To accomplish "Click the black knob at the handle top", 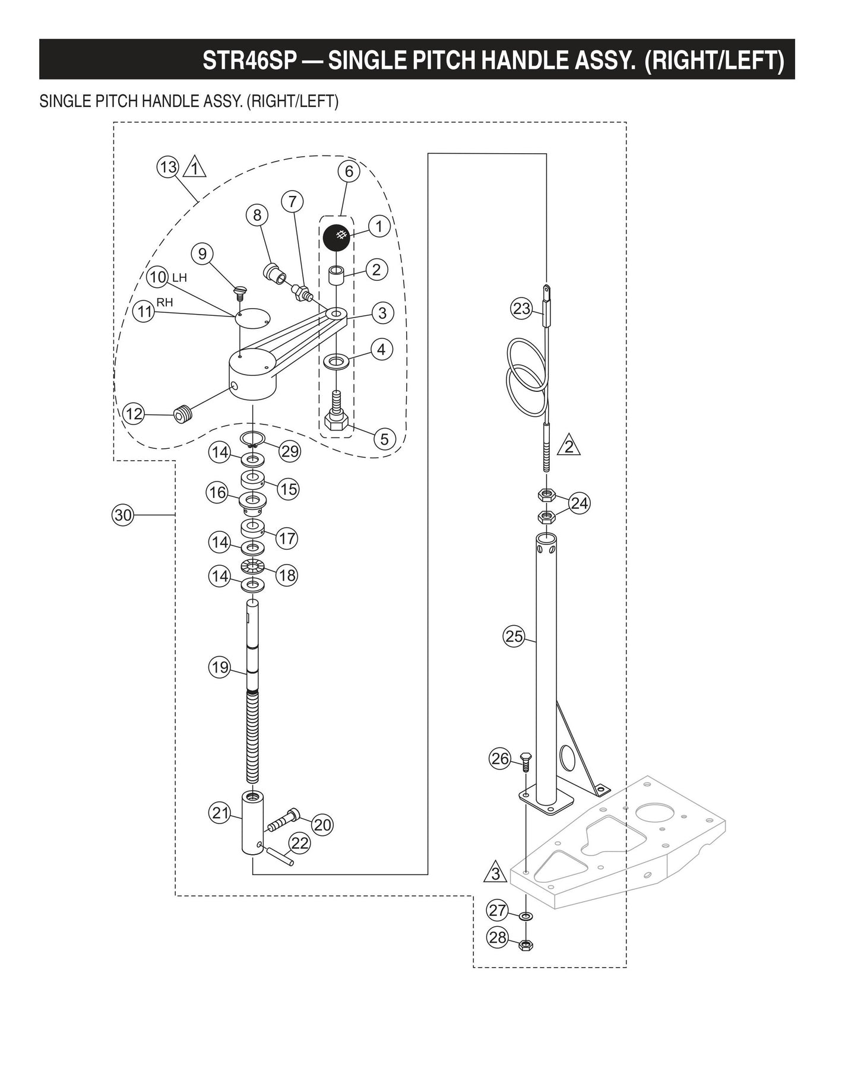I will (337, 236).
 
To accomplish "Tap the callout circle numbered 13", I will (168, 167).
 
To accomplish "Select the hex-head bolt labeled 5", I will (337, 418).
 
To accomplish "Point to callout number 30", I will (123, 515).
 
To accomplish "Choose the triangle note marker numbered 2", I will (569, 446).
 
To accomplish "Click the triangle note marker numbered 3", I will (495, 873).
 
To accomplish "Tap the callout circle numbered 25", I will (514, 636).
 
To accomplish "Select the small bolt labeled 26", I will (526, 761).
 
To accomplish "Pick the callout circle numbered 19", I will (220, 667).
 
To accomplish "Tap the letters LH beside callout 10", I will (179, 277).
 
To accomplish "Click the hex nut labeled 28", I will (525, 945).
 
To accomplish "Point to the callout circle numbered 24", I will (579, 503).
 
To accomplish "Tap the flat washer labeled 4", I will (337, 360).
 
